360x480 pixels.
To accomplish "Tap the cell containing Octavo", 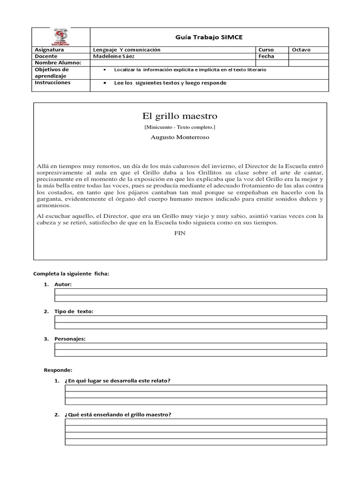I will (301, 50).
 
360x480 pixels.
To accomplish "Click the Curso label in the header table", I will (267, 50).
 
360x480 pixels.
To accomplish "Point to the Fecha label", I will (267, 56).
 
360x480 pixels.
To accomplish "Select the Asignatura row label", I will (50, 50).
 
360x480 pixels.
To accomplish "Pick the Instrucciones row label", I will (52, 82).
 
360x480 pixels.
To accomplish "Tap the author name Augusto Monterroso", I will (180, 137).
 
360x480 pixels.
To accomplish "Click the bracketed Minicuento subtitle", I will (180, 127).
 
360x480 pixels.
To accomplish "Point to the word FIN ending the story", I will (180, 233).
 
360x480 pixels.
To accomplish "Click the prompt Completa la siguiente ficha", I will (70, 274).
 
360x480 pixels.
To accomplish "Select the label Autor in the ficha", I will (63, 285).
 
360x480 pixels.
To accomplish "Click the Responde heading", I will (58, 370).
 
